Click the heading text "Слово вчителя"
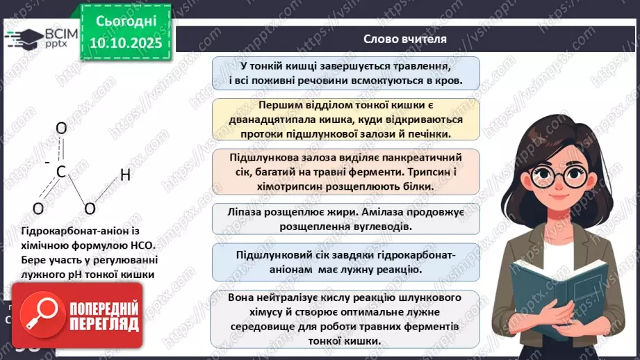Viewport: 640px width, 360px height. tap(405, 39)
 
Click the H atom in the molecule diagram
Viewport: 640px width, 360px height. tap(125, 175)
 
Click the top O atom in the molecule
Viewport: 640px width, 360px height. tap(60, 129)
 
